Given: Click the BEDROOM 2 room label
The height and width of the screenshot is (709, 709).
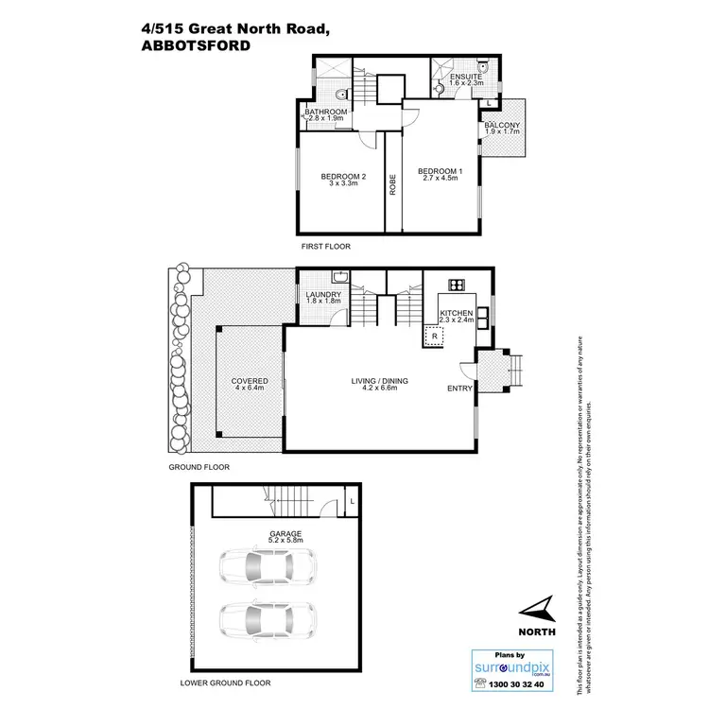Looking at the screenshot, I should click(343, 177).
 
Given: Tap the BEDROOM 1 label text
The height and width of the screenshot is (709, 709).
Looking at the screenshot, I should click(441, 171).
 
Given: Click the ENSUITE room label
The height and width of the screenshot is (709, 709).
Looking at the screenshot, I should click(466, 77).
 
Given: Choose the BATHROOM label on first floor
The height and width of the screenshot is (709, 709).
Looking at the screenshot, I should click(327, 112).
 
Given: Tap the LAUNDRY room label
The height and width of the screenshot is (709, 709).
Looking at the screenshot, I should click(323, 296).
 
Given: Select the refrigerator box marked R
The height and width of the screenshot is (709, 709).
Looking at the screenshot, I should click(434, 336).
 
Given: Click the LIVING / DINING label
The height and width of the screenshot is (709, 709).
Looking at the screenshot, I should click(380, 381).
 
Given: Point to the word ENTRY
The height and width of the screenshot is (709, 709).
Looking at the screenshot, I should click(458, 388).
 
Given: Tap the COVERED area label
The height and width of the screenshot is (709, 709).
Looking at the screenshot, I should click(251, 381).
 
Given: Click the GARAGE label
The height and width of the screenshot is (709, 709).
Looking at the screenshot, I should click(285, 534).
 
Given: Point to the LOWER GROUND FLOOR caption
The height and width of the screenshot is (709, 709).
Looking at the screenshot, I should click(225, 683).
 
